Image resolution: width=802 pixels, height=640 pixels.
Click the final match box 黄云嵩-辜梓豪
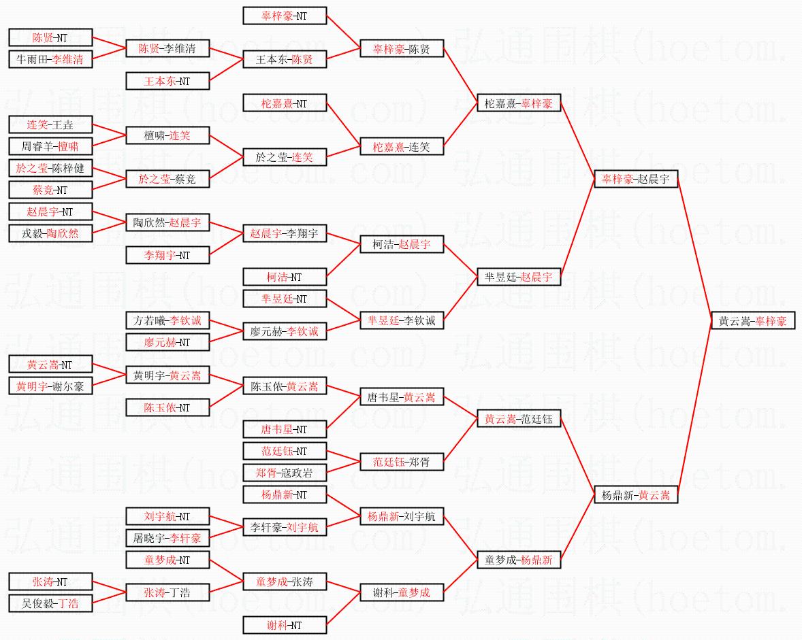tap(752, 321)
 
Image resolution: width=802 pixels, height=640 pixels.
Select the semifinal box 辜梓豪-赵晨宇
tap(635, 180)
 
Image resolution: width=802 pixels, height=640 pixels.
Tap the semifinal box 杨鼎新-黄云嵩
tap(635, 495)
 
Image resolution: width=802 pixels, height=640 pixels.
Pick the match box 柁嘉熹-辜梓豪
tap(518, 103)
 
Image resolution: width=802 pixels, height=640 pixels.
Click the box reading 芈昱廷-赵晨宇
tap(518, 277)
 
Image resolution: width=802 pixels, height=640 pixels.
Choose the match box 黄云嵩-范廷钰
tap(518, 419)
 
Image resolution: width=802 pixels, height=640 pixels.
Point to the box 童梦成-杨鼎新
tap(518, 560)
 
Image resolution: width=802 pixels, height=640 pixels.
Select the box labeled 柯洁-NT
tap(284, 277)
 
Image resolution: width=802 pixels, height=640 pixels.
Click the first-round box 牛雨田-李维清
tap(50, 59)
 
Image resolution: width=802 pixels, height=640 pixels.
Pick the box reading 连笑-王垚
tap(50, 124)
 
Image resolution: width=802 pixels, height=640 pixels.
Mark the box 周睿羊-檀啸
tap(50, 146)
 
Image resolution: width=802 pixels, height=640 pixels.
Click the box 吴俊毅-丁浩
tap(50, 603)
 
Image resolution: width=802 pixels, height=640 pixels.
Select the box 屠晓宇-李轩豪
tap(167, 538)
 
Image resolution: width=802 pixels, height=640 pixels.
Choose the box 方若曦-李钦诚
tap(167, 320)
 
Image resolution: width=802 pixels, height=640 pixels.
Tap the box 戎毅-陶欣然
tap(50, 233)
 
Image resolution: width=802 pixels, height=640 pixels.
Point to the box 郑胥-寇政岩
tap(284, 473)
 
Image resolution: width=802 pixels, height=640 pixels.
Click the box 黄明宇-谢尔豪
tap(50, 386)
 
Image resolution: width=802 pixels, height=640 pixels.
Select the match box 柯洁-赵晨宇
tap(401, 245)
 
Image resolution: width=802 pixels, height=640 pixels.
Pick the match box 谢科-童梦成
tap(401, 592)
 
